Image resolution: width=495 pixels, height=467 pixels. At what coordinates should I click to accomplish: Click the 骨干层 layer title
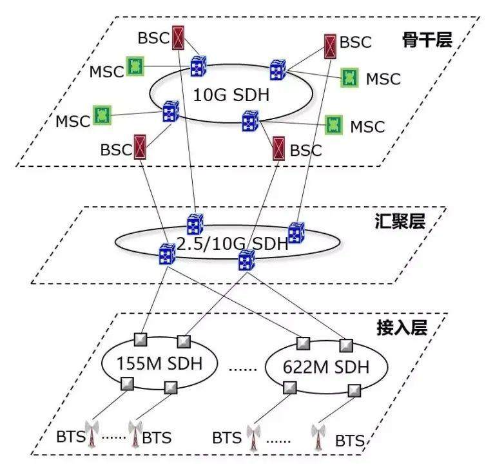tap(427, 40)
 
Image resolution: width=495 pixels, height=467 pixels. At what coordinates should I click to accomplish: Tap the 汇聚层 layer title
tap(400, 221)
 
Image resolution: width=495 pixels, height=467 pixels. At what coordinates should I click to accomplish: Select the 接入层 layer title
tap(402, 327)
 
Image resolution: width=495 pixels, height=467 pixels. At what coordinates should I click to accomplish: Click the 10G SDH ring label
tap(231, 95)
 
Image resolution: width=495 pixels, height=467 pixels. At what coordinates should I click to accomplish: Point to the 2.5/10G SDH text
tap(233, 244)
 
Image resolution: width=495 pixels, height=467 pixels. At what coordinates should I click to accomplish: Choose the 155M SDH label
tap(159, 363)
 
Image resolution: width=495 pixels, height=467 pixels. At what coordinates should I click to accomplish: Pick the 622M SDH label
tap(325, 367)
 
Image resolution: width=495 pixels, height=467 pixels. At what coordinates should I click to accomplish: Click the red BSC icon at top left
tap(178, 38)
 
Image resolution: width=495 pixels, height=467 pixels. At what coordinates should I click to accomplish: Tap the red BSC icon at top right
tap(330, 46)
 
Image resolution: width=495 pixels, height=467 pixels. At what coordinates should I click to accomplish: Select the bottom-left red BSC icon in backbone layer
tap(140, 146)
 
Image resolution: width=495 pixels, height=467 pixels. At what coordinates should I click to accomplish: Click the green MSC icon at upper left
tap(135, 66)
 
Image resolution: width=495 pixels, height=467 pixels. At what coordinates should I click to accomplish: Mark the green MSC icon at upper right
tap(350, 77)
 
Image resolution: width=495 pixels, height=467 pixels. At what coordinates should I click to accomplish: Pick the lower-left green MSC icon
tap(102, 115)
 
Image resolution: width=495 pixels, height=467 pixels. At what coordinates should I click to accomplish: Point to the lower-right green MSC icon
tap(334, 124)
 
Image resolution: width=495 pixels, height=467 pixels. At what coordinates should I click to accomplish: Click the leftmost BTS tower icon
tap(92, 434)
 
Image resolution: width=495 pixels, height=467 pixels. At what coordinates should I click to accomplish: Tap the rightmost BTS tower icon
tap(318, 436)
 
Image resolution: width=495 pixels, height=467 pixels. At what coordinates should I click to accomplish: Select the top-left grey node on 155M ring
tap(141, 339)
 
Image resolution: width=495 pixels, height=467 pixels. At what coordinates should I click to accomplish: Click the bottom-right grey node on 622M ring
tap(354, 390)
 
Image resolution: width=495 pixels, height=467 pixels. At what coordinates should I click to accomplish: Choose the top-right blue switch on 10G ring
tap(278, 70)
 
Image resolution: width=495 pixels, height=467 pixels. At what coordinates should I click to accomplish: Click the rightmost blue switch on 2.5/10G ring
tap(296, 233)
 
